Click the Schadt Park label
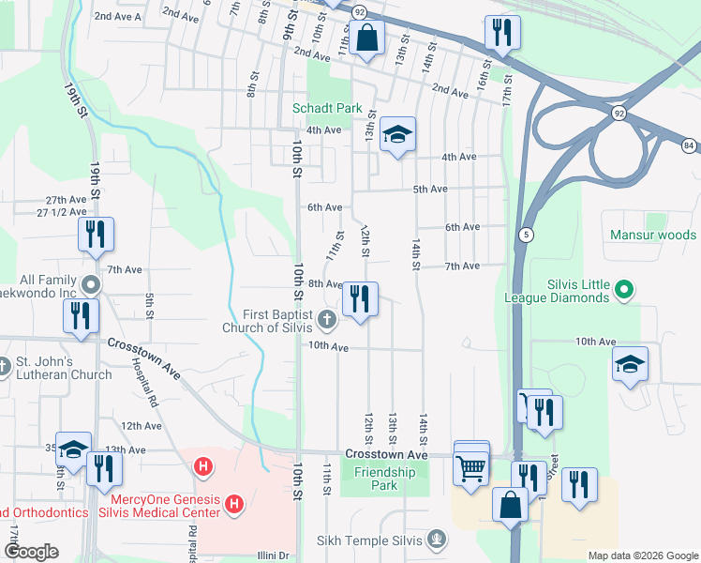pos(327,108)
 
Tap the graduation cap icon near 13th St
pos(397,136)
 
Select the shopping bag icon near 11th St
pos(366,39)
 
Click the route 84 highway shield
pos(689,145)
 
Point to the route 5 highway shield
pos(528,235)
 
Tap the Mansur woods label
pos(653,235)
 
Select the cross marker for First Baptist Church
pos(327,320)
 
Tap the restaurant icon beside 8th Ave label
pos(360,299)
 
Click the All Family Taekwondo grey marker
pos(90,282)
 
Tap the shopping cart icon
pos(471,466)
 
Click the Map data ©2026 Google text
pos(642,555)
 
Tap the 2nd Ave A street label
pos(118,17)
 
